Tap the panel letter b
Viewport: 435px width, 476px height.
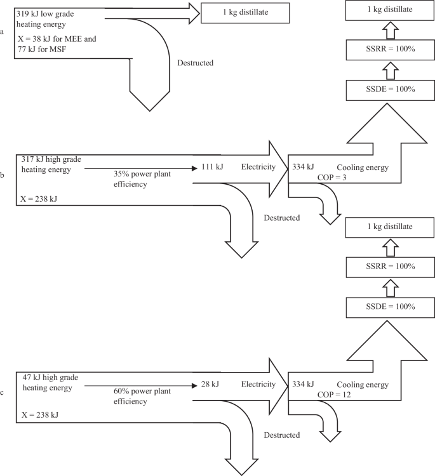pyautogui.click(x=4, y=174)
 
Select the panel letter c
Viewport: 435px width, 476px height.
pyautogui.click(x=4, y=392)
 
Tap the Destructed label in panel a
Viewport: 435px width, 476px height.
pyautogui.click(x=195, y=63)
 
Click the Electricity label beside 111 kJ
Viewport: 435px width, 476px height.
pyautogui.click(x=258, y=168)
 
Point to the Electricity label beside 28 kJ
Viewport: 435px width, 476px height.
pyautogui.click(x=258, y=384)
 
